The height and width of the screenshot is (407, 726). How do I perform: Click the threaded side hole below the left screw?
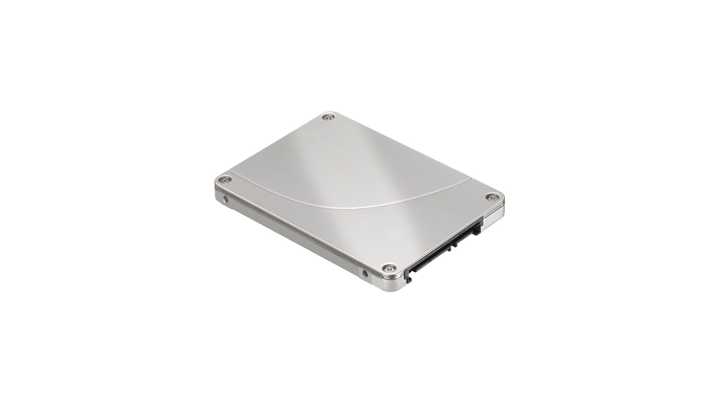coord(226,200)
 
